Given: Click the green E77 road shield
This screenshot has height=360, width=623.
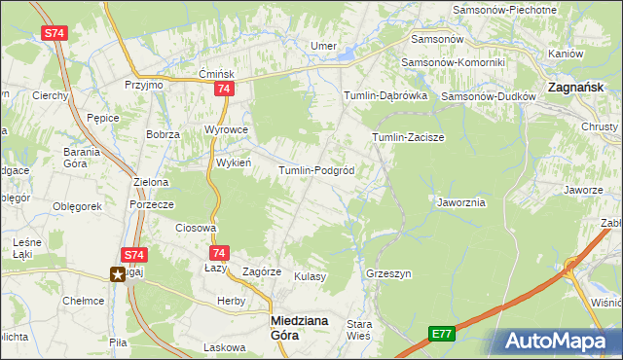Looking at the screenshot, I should click(x=442, y=334).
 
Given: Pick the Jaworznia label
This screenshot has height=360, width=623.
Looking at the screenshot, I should click(x=461, y=202).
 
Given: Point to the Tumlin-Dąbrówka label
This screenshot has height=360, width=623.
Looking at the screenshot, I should click(x=386, y=96).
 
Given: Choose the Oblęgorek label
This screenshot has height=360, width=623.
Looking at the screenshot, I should click(x=78, y=206).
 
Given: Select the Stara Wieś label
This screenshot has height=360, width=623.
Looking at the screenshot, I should click(x=360, y=330).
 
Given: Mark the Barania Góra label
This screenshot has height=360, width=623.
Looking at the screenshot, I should click(x=83, y=158).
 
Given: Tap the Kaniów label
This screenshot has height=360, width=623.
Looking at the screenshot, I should click(x=565, y=54).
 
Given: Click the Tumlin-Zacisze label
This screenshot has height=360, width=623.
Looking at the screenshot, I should click(x=408, y=137).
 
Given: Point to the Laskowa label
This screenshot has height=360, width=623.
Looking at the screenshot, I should click(x=222, y=346).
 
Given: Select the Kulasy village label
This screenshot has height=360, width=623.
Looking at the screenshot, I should click(x=310, y=276).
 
